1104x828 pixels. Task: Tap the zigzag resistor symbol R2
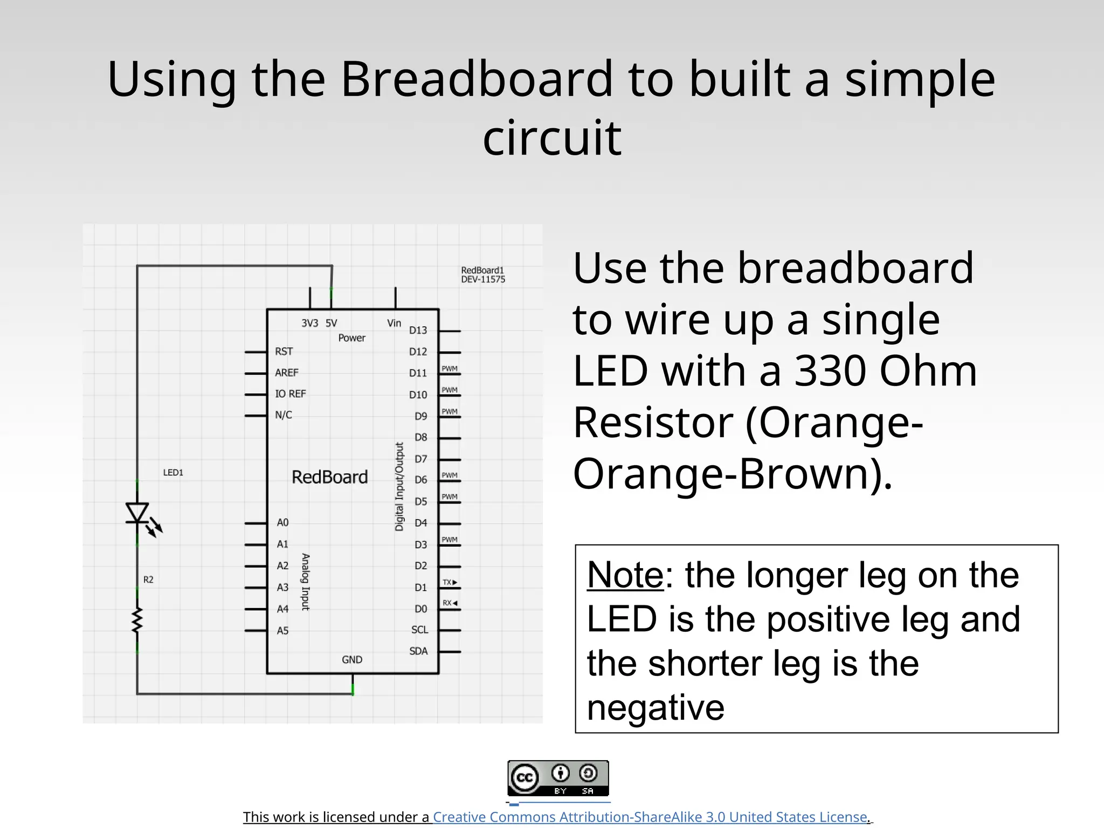click(137, 619)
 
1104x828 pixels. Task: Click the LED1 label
click(173, 473)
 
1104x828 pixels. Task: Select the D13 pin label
click(418, 330)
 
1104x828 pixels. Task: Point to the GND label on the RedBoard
click(352, 660)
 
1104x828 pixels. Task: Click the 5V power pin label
click(331, 323)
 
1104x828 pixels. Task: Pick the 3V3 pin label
click(309, 323)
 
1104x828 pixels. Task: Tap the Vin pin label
click(394, 323)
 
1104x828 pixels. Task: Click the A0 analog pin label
click(282, 523)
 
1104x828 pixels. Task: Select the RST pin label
click(284, 351)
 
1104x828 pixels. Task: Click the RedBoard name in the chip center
click(329, 478)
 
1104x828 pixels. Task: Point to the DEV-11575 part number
click(483, 280)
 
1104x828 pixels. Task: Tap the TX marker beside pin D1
click(450, 583)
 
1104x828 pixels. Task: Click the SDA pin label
click(418, 651)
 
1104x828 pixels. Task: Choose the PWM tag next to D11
click(450, 369)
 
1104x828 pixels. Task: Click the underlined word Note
click(625, 575)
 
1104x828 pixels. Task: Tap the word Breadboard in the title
click(477, 79)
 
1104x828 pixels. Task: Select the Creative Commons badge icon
click(558, 778)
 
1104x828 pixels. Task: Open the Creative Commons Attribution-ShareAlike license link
click(650, 817)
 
